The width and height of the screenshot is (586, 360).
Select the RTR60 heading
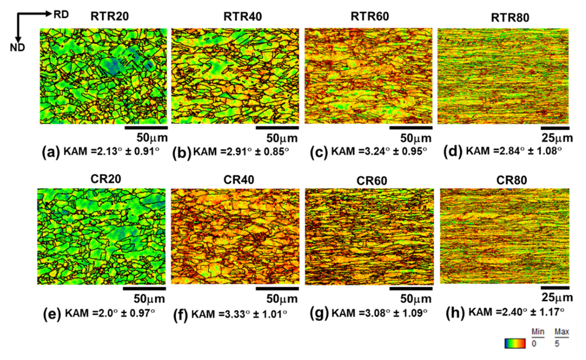pyautogui.click(x=370, y=17)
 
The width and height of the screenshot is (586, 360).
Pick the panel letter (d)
pyautogui.click(x=453, y=152)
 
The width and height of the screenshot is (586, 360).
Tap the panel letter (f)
pyautogui.click(x=181, y=314)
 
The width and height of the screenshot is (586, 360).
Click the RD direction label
pyautogui.click(x=61, y=14)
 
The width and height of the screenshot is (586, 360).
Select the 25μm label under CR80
pyautogui.click(x=557, y=297)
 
